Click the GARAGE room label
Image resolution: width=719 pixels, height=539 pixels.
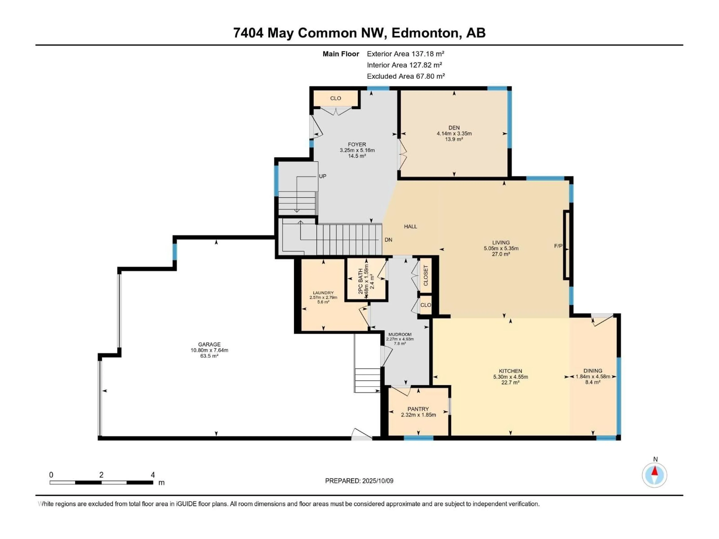click(209, 344)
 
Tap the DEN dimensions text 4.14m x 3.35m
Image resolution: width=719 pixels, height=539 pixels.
click(454, 133)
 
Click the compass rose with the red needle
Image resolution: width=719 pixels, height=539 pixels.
click(655, 475)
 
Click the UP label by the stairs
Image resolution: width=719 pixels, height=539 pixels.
click(322, 176)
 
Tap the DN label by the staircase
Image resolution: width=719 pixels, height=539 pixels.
click(389, 240)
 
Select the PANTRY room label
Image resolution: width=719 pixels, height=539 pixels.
click(418, 409)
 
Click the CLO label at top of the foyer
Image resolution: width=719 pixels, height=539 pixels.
click(336, 98)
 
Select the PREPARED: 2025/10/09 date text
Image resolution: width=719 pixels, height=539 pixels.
click(359, 481)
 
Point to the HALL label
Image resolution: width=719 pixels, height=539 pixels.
click(411, 226)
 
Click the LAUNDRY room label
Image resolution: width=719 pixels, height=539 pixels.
click(323, 293)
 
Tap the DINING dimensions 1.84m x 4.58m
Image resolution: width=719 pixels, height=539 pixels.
click(593, 377)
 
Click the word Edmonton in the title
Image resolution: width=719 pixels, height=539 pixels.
click(425, 33)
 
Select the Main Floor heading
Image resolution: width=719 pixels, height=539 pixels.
click(341, 54)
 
